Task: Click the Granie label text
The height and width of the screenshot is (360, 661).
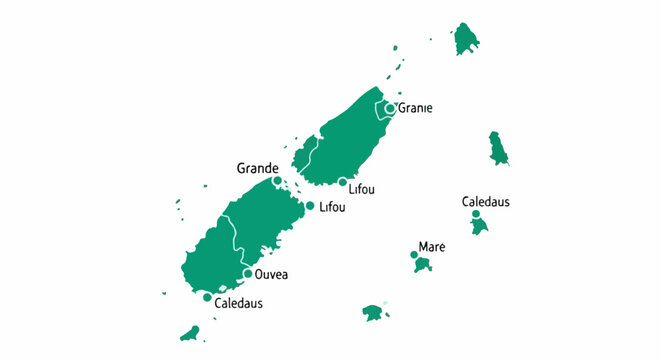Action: (415, 109)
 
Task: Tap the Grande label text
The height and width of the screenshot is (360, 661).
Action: (257, 167)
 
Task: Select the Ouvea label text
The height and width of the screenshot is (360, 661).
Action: (272, 274)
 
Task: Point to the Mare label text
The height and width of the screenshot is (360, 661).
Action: (432, 246)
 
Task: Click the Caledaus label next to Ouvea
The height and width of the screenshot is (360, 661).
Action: (239, 302)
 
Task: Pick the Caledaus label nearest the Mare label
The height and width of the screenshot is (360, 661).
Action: (486, 202)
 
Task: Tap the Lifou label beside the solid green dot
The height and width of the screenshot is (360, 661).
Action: (332, 207)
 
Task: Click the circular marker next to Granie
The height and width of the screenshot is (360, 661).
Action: (390, 108)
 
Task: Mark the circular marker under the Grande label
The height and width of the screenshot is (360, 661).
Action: (277, 181)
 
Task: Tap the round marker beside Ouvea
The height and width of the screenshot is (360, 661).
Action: (248, 274)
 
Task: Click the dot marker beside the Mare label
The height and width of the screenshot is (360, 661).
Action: (415, 255)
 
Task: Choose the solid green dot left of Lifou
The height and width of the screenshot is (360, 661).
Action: (310, 206)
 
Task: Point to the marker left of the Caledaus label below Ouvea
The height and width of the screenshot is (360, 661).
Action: (207, 297)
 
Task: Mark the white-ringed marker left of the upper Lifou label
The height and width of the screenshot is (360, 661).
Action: (342, 182)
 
